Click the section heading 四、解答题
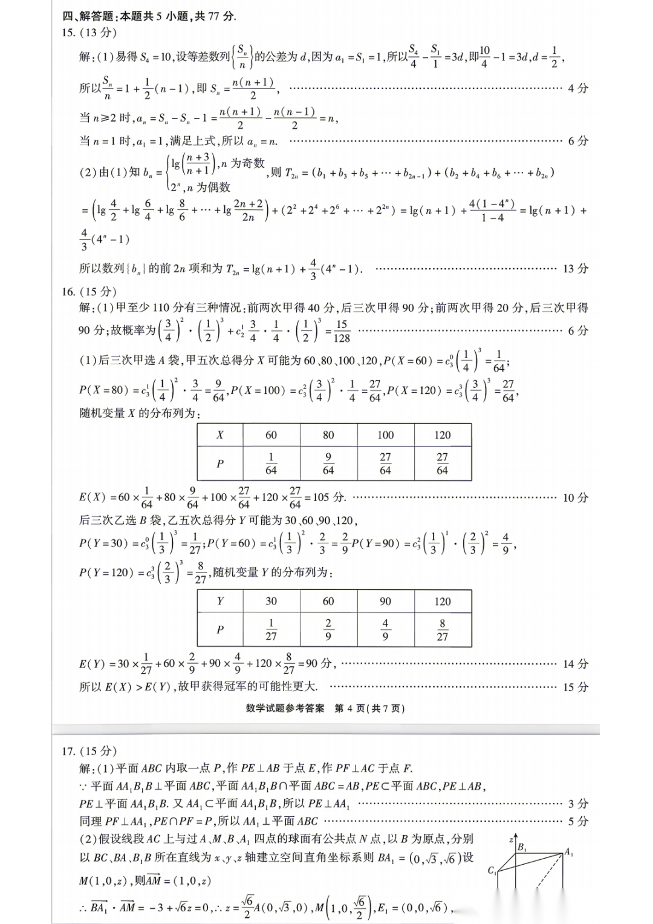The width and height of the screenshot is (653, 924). [x=88, y=16]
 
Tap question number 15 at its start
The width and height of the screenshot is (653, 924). [x=68, y=33]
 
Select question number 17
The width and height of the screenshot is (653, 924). [x=68, y=751]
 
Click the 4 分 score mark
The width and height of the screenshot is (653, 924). [x=577, y=88]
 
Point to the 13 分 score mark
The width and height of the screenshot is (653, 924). [x=575, y=269]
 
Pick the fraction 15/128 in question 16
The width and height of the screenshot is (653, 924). [x=342, y=332]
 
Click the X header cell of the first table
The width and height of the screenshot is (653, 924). [x=220, y=435]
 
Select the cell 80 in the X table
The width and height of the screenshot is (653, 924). [x=328, y=435]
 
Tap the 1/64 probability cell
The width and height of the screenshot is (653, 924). [x=271, y=464]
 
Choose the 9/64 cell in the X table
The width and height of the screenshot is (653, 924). [x=328, y=464]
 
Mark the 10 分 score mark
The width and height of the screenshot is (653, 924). [x=575, y=498]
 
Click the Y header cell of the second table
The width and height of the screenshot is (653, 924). [x=220, y=601]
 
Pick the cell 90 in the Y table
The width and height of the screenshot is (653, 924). [x=385, y=601]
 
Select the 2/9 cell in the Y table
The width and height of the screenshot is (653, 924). [x=328, y=629]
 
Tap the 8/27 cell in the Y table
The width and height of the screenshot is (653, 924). [x=443, y=629]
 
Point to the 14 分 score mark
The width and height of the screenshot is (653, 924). [x=575, y=664]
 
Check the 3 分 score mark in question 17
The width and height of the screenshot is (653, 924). [x=577, y=804]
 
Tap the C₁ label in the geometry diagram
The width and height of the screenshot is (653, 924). [x=492, y=870]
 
